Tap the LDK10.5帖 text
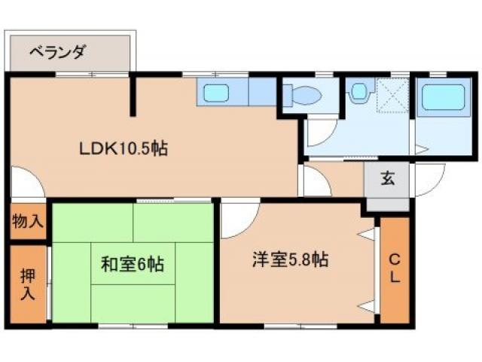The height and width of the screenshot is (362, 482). pos(124,149)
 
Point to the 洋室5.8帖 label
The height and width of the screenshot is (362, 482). pos(289,260)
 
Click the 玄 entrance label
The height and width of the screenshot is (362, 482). pos(387,179)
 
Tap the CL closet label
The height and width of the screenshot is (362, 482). pos(394,268)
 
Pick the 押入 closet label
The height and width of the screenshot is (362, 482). pos(27,284)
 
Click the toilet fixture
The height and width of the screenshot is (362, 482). pos(305,96)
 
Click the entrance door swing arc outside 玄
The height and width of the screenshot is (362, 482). pos(427,181)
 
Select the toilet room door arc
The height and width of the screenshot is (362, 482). pos(321,130)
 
